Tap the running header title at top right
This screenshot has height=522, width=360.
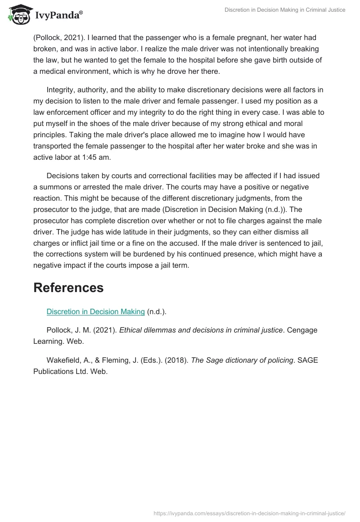(285, 10)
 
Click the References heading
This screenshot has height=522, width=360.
(68, 288)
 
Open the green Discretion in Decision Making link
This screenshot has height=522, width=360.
(95, 311)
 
